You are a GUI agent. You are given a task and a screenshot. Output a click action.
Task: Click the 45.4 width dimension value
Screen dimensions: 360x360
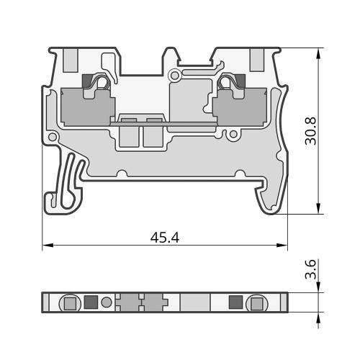pos(165,238)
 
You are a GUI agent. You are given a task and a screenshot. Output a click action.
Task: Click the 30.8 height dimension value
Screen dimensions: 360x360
pos(310,131)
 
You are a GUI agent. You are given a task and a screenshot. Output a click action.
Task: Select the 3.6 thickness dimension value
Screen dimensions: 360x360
pos(310,269)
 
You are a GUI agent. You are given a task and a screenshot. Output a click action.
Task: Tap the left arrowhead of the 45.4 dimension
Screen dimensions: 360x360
pos(48,246)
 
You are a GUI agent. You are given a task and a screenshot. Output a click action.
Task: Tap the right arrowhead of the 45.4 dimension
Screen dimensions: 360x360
pos(282,246)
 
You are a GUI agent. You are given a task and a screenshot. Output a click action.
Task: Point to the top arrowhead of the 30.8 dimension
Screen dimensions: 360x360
pos(318,53)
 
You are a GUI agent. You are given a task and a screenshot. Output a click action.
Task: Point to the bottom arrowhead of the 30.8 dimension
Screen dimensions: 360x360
pos(318,208)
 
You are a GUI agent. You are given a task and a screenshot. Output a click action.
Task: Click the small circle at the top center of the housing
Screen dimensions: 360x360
pos(175,76)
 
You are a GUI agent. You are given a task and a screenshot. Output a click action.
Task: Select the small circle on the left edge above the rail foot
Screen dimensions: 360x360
pos(53,138)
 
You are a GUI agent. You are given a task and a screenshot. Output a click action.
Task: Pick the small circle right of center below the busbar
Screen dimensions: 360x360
pos(233,134)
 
